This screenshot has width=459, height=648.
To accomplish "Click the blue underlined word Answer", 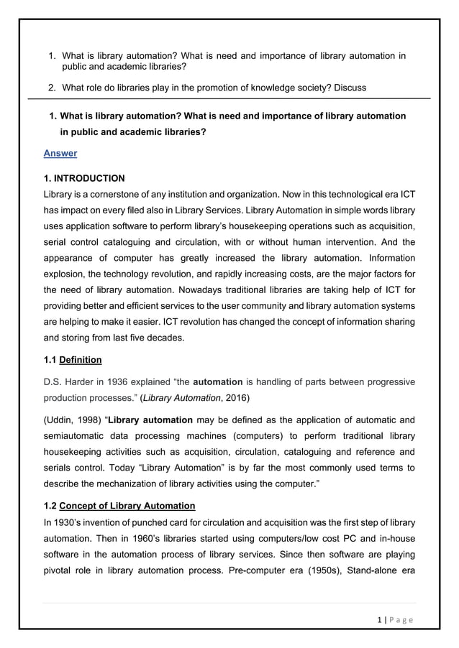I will (x=60, y=153).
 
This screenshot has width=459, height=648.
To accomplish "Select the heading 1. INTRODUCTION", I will (x=84, y=178).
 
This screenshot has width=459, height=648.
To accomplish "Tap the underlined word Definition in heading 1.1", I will (x=80, y=359).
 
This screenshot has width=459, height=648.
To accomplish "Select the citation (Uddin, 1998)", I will (x=72, y=420).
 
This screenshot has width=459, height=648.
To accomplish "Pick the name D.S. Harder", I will (x=69, y=380).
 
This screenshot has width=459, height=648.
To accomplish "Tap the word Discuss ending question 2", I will (x=347, y=88).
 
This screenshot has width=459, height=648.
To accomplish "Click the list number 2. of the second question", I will (x=52, y=88).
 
